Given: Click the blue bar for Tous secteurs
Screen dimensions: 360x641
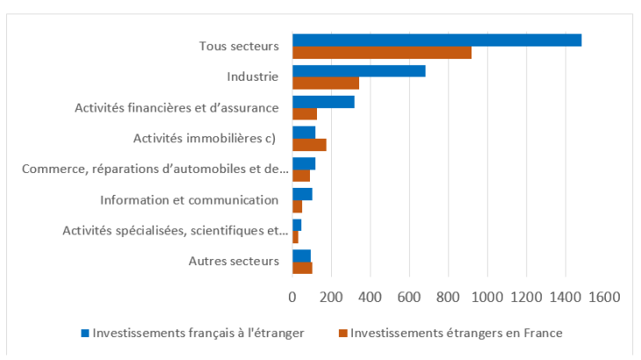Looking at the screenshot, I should (x=436, y=40).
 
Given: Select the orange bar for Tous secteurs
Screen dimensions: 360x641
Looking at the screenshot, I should (x=382, y=53).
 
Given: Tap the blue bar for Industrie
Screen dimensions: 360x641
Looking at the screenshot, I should (x=358, y=71).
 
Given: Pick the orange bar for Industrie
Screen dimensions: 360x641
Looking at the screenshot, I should (x=326, y=83).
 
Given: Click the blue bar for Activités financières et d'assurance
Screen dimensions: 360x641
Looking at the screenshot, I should (x=323, y=102).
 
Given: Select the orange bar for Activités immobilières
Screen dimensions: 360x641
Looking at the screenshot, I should (x=309, y=145).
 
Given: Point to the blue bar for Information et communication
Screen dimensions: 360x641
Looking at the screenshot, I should (x=302, y=194).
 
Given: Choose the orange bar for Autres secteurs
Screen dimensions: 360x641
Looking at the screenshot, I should (x=302, y=268).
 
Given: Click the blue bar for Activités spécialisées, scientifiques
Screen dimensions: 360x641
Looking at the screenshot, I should (x=297, y=225).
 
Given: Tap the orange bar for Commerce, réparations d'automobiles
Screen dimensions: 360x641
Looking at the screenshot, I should (x=301, y=176).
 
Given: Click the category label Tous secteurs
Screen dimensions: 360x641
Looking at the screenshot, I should (x=239, y=47).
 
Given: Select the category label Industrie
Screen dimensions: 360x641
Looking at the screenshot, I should (x=252, y=77).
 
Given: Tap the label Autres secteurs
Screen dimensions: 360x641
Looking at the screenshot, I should (x=234, y=261).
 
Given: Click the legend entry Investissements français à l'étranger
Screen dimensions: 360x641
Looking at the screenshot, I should (x=198, y=333).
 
